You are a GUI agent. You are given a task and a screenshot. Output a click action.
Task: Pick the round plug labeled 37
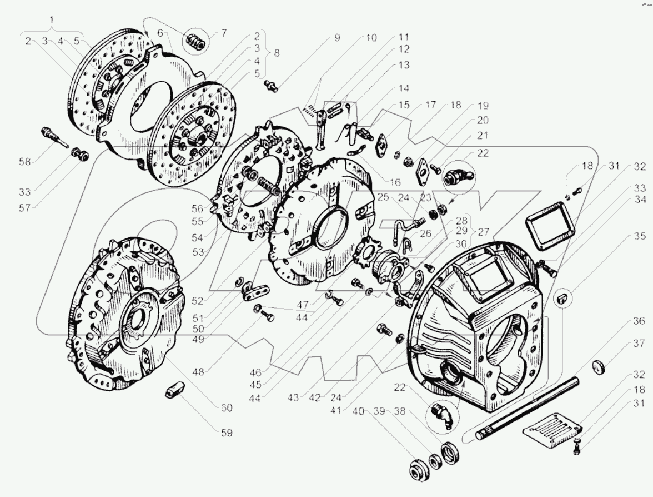coord(599,367)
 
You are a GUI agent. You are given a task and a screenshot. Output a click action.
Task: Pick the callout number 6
coord(160,33)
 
